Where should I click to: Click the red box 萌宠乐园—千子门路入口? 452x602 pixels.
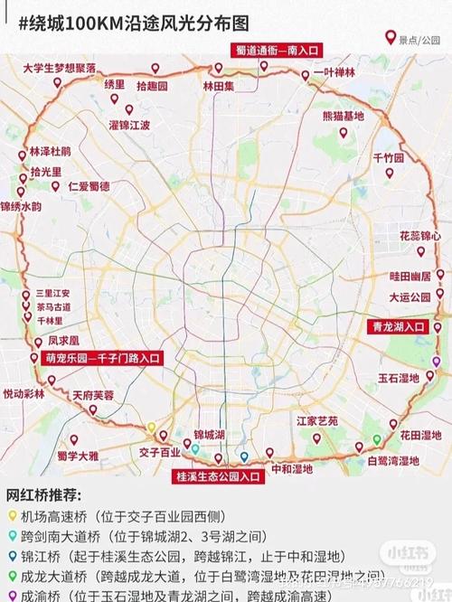(x=102, y=358)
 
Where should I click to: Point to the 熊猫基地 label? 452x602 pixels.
(x=344, y=116)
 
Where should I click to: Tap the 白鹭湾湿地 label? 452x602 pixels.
(x=393, y=460)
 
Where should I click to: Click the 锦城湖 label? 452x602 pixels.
(x=209, y=435)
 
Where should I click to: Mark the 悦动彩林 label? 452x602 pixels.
(x=24, y=394)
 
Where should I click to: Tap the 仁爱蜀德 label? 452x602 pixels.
(x=89, y=186)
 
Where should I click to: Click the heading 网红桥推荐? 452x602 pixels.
(x=44, y=495)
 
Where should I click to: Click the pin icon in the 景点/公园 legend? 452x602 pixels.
(x=391, y=37)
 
